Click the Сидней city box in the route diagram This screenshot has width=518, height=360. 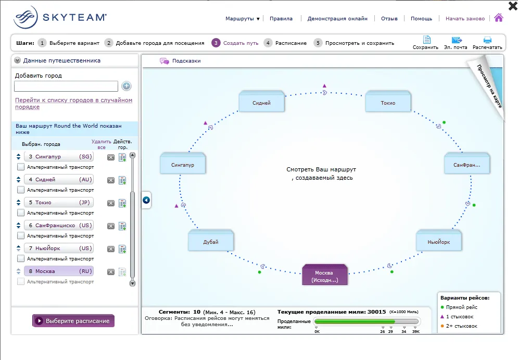[x=262, y=101]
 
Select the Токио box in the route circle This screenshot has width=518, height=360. [x=388, y=101]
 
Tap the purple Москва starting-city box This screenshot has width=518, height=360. [x=325, y=275]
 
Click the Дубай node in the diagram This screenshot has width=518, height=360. [x=211, y=240]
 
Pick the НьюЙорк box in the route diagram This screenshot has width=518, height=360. [x=439, y=240]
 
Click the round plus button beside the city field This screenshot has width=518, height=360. [x=127, y=86]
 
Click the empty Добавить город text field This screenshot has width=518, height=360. [x=66, y=86]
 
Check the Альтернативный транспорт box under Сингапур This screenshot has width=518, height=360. [x=20, y=167]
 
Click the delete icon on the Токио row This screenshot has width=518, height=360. [x=111, y=203]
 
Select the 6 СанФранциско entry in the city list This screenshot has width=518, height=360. [x=59, y=226]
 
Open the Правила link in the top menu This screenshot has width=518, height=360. [x=281, y=19]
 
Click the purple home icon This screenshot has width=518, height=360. [x=499, y=18]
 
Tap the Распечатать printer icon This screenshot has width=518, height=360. [x=488, y=40]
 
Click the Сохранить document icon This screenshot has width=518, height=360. [x=427, y=40]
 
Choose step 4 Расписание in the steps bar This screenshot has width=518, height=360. [x=285, y=43]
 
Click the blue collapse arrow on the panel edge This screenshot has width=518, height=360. [x=146, y=200]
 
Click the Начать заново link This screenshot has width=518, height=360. [x=465, y=19]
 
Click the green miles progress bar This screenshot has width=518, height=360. [x=355, y=321]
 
